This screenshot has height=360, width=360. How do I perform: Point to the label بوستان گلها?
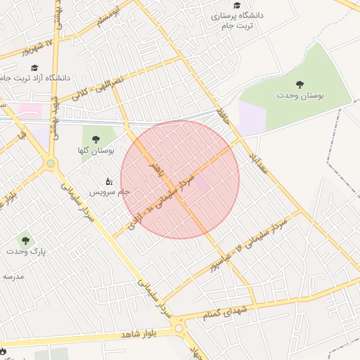point(96,150)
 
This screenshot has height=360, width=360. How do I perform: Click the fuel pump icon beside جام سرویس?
point(109,181)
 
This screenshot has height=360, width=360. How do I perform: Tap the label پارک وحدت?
point(25,251)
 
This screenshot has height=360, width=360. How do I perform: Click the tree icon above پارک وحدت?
point(25,240)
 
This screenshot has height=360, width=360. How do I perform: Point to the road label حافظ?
point(224,112)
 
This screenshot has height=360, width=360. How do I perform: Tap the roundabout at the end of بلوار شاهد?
point(179,328)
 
